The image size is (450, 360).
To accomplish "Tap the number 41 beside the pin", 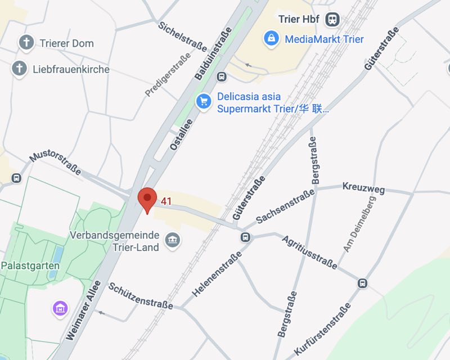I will (x=166, y=201).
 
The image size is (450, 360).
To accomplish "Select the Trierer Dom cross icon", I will (x=26, y=42).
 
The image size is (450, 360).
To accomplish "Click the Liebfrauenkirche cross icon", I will (x=19, y=69).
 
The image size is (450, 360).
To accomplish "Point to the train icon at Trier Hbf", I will (x=333, y=19).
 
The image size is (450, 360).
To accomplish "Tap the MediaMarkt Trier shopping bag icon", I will (x=271, y=39).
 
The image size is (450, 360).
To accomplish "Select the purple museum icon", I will (x=60, y=308).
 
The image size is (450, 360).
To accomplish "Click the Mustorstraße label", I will (x=55, y=161).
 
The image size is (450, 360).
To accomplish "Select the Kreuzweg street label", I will (x=363, y=188).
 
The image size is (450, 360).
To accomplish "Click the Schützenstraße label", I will (x=141, y=295).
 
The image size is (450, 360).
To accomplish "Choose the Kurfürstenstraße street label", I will (x=322, y=330).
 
